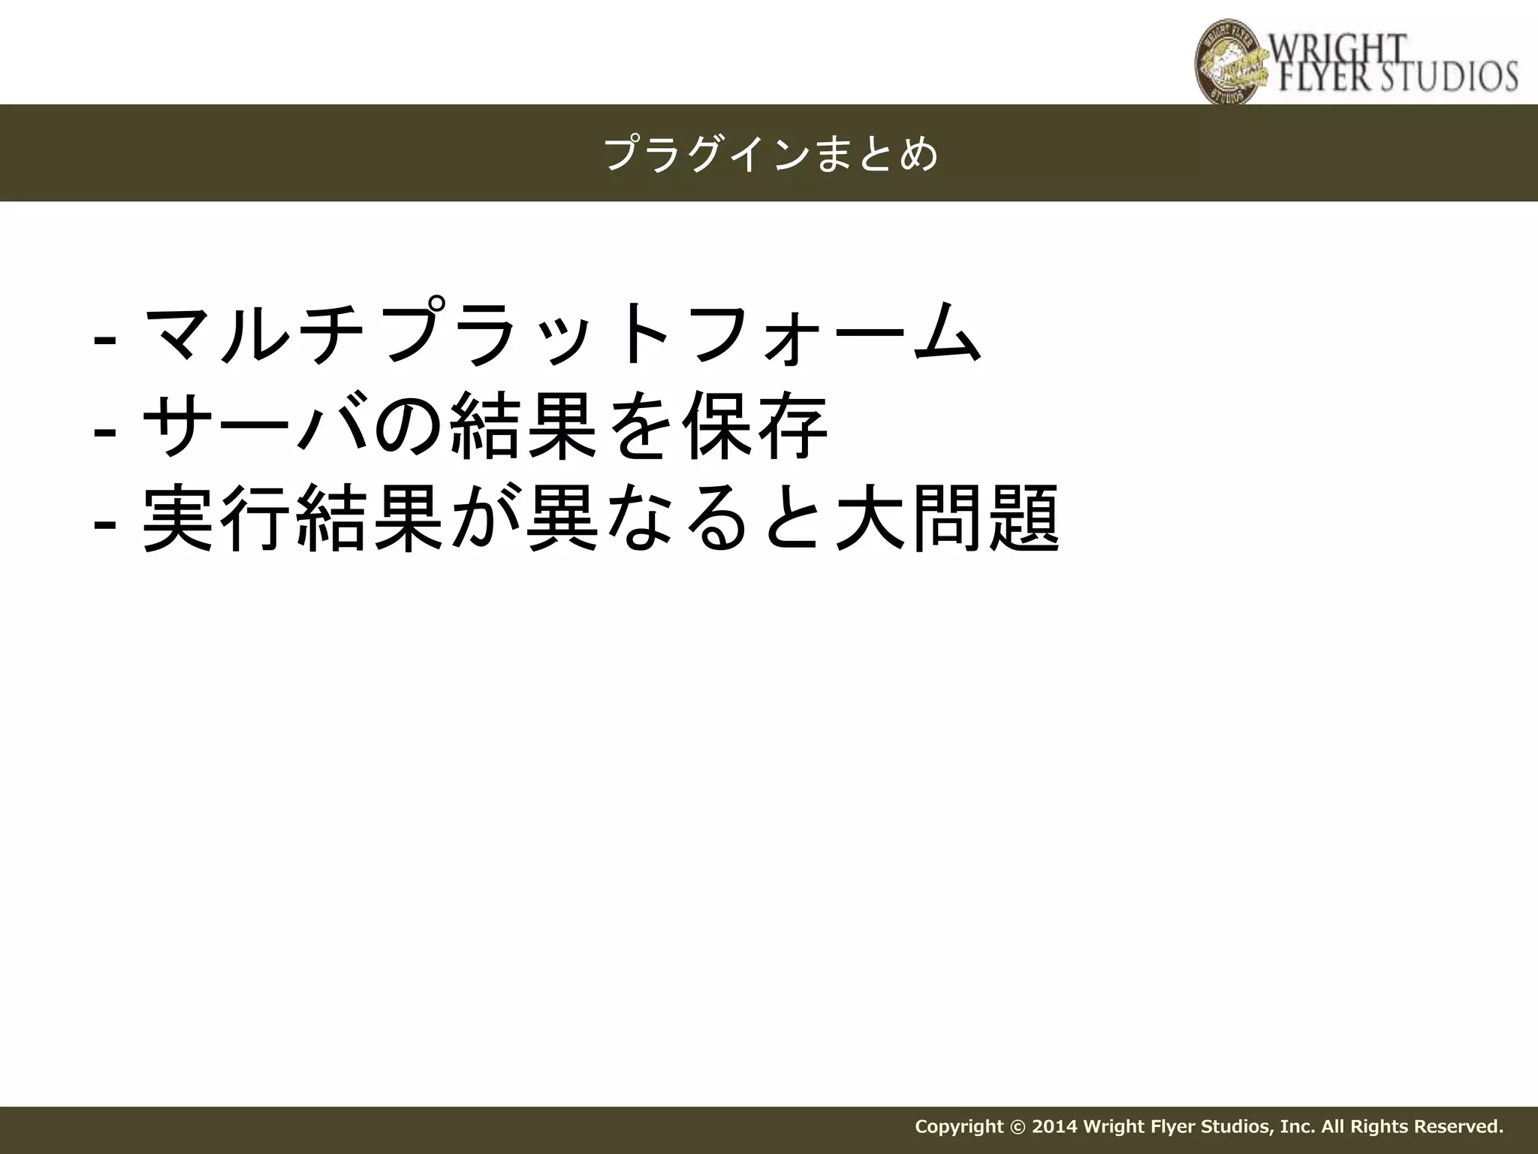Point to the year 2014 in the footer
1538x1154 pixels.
[1056, 1126]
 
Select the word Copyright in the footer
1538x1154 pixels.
[959, 1126]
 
